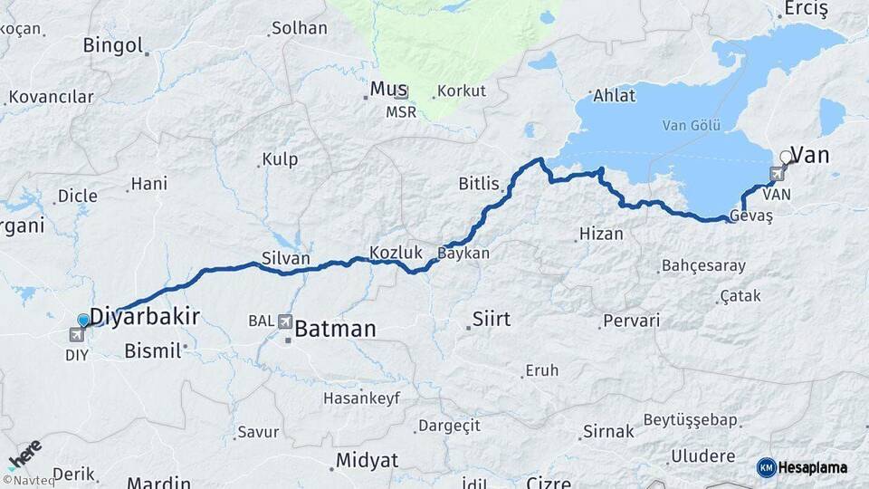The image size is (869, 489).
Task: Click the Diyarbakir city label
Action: (x=145, y=316)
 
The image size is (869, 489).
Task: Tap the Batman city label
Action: (x=335, y=329)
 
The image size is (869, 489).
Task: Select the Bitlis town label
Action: (x=479, y=184)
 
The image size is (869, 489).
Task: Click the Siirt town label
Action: (x=492, y=319)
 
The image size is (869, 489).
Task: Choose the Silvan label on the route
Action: (x=285, y=258)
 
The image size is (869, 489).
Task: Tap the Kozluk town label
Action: (x=396, y=252)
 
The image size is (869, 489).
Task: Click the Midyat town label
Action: (x=367, y=460)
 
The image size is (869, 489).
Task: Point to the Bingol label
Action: (x=113, y=45)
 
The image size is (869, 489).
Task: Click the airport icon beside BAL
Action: (x=285, y=321)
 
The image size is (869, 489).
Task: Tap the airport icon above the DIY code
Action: (x=75, y=334)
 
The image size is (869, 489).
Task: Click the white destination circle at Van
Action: (x=786, y=158)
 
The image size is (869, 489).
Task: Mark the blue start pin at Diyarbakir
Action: (x=84, y=321)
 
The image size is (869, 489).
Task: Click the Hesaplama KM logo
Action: (x=802, y=467)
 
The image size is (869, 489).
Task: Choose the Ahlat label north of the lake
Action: (x=614, y=95)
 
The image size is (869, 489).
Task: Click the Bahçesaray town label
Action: (x=703, y=266)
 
